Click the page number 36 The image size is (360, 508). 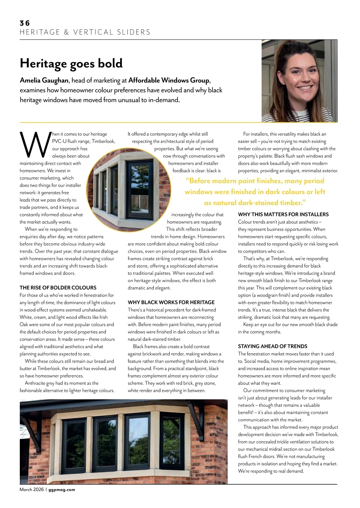(25, 23)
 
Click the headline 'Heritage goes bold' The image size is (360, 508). (71, 63)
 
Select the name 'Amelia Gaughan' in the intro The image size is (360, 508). (44, 80)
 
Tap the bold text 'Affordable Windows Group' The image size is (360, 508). (169, 80)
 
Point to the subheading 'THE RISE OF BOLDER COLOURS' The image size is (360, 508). (58, 288)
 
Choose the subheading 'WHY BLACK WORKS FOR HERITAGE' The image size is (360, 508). (171, 302)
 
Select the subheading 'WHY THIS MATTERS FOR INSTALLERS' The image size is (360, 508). (283, 214)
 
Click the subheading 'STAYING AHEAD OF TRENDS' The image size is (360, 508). (272, 346)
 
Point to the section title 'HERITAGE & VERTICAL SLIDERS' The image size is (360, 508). (85, 32)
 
